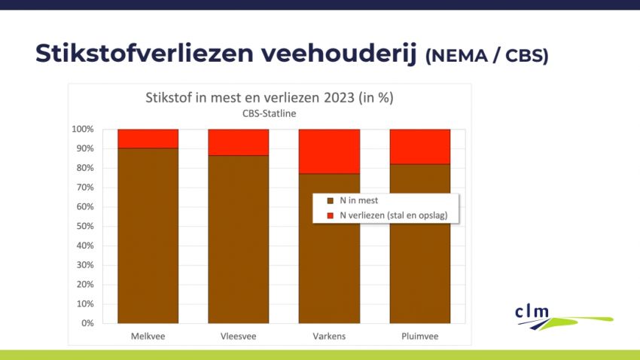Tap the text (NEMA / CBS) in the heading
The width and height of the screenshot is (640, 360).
tap(486, 56)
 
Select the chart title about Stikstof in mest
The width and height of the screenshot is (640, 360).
tap(269, 98)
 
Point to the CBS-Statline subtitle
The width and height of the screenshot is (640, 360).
tap(269, 113)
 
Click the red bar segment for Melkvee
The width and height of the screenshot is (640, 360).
tap(148, 139)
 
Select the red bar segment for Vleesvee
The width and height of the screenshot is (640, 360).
tap(238, 142)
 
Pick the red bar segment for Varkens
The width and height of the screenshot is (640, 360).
tap(329, 151)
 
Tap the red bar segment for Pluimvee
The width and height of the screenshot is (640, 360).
tap(419, 146)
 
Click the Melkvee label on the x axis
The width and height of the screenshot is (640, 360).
tap(148, 336)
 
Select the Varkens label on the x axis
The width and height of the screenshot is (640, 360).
tap(329, 336)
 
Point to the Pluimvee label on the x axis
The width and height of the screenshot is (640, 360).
tap(419, 336)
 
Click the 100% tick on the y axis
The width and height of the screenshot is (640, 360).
tap(83, 130)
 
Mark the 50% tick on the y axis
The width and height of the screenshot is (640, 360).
tap(85, 226)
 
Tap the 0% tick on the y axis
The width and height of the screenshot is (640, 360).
tap(87, 323)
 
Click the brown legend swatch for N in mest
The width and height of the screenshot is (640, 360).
tap(329, 201)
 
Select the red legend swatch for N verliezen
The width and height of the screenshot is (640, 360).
tap(329, 215)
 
